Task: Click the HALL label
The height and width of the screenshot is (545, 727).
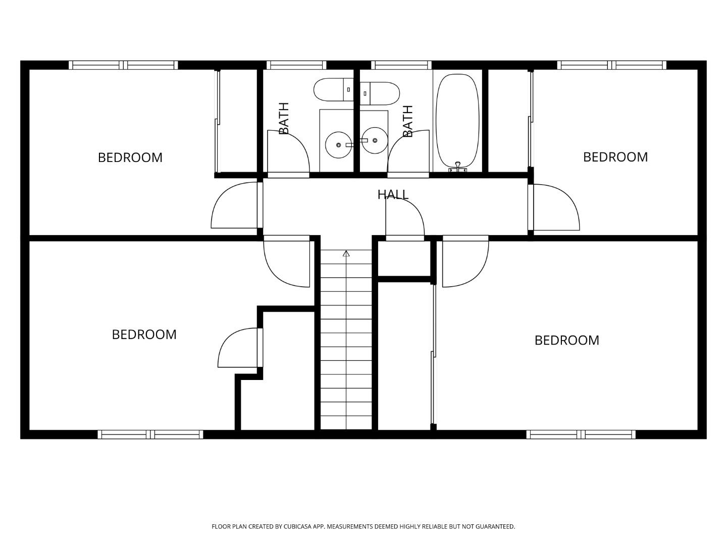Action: (393, 194)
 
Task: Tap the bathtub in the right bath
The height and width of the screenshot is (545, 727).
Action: (457, 121)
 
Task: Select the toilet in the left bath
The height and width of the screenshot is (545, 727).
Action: (334, 90)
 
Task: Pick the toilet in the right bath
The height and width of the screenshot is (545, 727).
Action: (380, 93)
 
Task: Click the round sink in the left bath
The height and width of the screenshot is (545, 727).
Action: (338, 145)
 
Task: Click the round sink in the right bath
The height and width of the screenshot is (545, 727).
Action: (375, 140)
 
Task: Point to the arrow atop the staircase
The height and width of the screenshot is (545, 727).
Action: (346, 253)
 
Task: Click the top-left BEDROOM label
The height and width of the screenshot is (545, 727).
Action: (130, 157)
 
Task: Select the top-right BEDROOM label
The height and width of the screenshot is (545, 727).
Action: (615, 157)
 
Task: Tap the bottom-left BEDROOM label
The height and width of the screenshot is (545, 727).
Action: (144, 335)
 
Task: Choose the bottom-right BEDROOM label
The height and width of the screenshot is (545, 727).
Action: (566, 340)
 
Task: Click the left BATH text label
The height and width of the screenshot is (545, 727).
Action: (284, 118)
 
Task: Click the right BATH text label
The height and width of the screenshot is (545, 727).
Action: (408, 121)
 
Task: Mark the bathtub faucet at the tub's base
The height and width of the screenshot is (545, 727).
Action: (458, 167)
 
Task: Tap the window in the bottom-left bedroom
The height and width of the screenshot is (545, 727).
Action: (150, 434)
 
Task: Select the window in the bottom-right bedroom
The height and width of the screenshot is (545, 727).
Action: (581, 434)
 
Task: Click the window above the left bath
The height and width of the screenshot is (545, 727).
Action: (296, 65)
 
